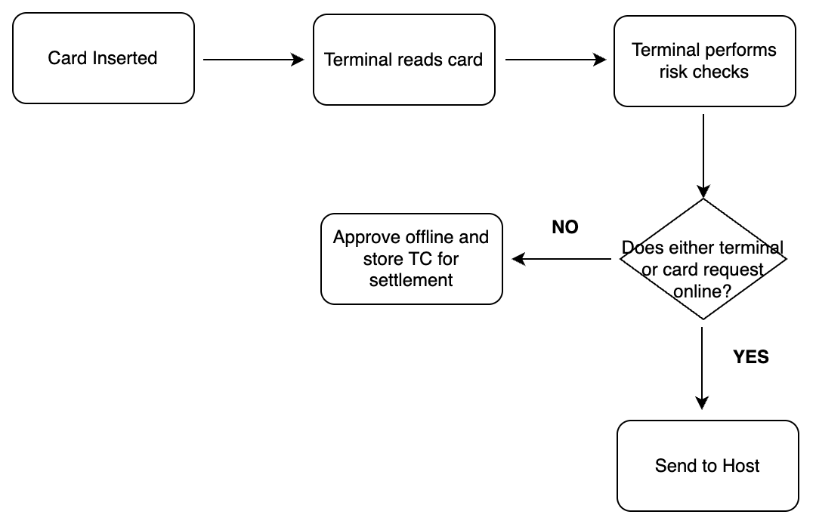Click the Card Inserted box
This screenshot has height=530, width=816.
[103, 58]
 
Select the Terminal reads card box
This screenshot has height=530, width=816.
[403, 60]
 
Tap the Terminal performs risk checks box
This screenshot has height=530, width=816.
[704, 60]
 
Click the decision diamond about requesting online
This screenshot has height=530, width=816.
[703, 259]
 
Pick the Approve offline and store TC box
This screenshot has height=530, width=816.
[411, 259]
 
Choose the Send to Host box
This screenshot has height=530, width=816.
[707, 466]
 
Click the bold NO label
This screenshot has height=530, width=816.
[565, 227]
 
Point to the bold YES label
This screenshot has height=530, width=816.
[750, 357]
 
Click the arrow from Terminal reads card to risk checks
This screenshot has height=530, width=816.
[555, 60]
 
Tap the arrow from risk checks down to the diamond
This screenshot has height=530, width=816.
[703, 155]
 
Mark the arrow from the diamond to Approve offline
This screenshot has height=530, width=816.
[562, 259]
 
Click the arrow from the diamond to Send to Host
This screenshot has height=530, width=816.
[703, 366]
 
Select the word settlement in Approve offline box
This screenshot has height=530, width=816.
[411, 280]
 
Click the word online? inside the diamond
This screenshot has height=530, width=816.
[703, 291]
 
